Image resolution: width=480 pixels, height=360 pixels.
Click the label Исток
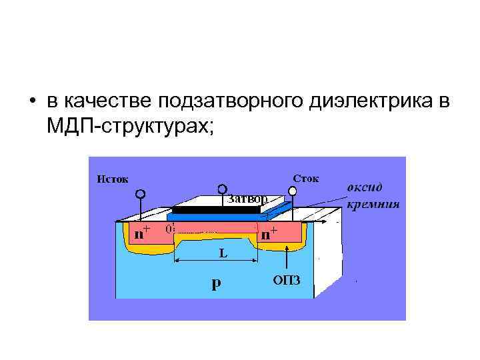tap(113, 178)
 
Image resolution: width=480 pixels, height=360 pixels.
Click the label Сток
tap(307, 178)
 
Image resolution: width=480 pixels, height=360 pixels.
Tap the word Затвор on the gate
tap(247, 199)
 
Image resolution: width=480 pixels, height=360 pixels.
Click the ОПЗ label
tap(287, 279)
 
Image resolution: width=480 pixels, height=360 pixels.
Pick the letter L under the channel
tap(223, 253)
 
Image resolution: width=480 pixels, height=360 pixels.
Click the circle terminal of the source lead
tap(141, 194)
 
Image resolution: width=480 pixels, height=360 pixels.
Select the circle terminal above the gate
tap(222, 190)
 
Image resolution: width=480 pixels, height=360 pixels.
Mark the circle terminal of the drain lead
tap(292, 191)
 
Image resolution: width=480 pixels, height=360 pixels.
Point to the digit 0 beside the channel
tap(169, 228)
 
